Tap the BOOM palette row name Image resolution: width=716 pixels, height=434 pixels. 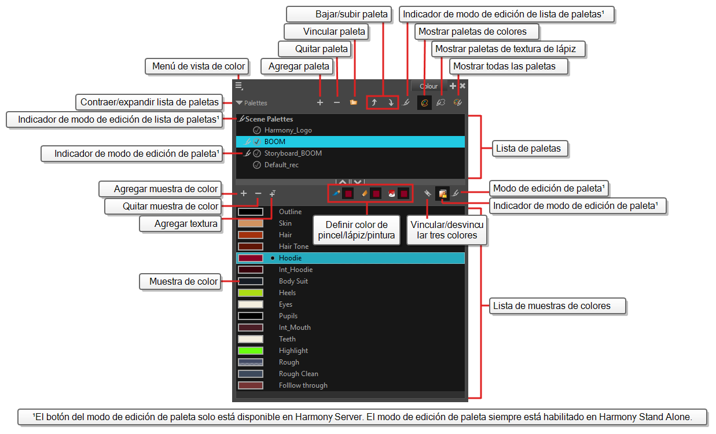tap(274, 142)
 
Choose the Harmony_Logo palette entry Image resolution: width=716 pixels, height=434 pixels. tap(288, 130)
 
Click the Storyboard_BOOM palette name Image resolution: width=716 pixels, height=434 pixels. tap(293, 153)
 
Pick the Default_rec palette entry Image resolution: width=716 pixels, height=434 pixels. tap(281, 165)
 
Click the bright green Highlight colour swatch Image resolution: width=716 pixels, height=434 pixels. tap(251, 351)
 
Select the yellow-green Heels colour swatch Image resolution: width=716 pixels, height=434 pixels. tap(251, 293)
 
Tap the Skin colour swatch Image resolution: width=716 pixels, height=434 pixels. tap(251, 223)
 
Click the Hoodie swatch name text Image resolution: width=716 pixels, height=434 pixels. tap(290, 258)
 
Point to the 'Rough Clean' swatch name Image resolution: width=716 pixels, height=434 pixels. tap(298, 374)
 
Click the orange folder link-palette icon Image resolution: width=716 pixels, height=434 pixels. tap(353, 102)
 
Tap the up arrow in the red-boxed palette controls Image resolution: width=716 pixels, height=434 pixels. tap(374, 102)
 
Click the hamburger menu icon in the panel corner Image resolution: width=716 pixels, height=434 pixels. tap(239, 86)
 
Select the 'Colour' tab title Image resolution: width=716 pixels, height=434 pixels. tap(428, 86)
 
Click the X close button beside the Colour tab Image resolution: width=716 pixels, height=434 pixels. tap(462, 86)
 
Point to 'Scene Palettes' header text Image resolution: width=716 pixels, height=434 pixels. tap(269, 119)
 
